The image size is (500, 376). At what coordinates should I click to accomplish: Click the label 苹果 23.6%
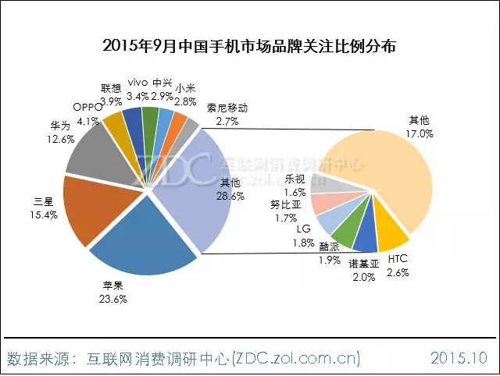pyautogui.click(x=112, y=292)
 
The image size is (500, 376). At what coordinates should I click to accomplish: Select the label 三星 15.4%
pyautogui.click(x=43, y=208)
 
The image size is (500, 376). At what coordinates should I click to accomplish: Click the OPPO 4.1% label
pyautogui.click(x=87, y=115)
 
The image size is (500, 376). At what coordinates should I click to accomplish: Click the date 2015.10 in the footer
pyautogui.click(x=459, y=358)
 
